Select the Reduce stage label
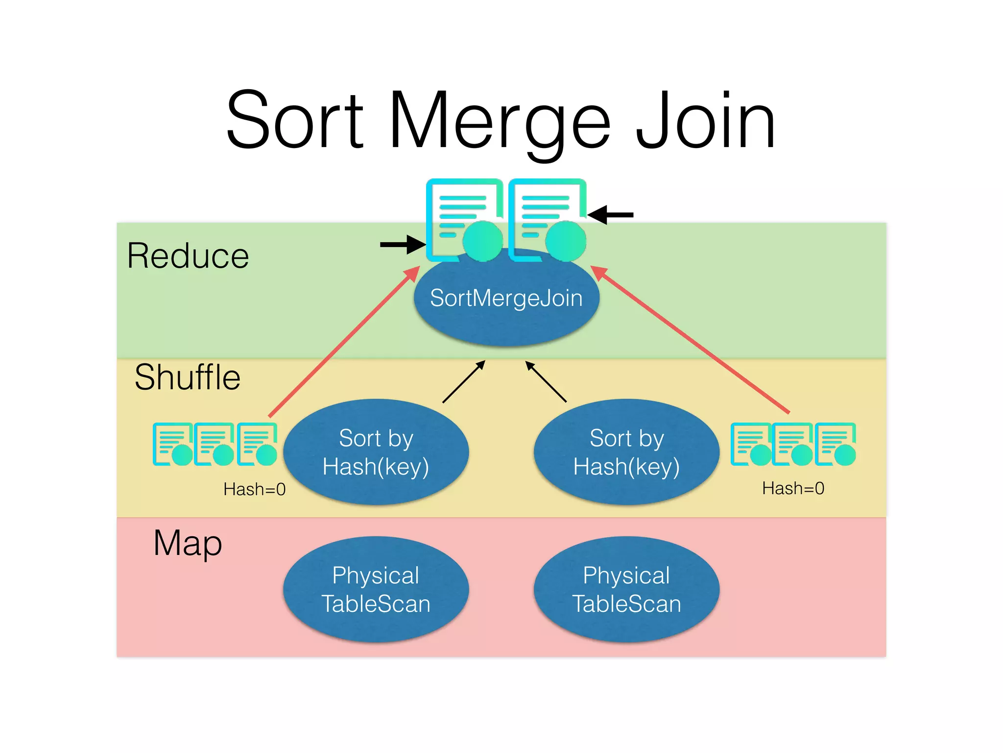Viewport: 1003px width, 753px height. pos(188,256)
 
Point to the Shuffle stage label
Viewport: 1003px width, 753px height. pos(188,377)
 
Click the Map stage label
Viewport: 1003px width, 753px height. pos(188,543)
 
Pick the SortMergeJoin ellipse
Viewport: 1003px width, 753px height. pos(506,304)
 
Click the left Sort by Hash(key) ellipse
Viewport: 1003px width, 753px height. pos(376,452)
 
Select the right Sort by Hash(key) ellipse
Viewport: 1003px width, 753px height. pos(626,452)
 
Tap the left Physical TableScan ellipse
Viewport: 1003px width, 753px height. pos(376,589)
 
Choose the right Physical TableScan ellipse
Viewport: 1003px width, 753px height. pos(626,589)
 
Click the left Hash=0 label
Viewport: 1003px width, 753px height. pos(254,489)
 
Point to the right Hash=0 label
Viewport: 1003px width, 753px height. pos(793,488)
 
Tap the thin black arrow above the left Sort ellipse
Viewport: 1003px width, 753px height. pos(463,382)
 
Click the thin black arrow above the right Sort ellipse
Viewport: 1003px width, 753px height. pos(546,381)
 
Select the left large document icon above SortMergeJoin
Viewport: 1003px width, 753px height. pos(464,220)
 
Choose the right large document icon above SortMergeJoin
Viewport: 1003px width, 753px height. pos(547,220)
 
